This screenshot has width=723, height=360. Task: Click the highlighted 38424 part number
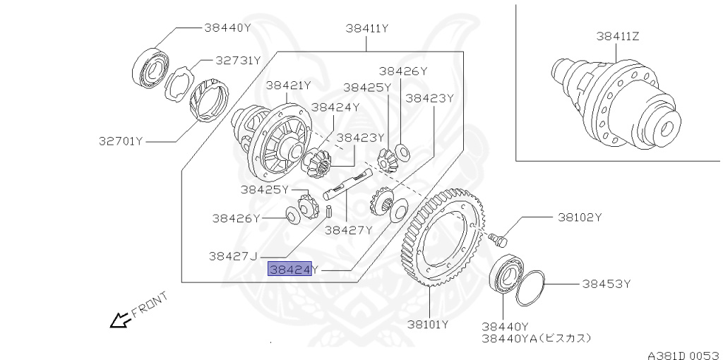289,269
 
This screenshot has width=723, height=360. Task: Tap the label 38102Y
579,217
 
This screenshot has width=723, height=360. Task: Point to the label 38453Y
606,284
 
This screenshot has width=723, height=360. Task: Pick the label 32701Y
121,141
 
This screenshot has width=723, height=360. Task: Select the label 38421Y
288,85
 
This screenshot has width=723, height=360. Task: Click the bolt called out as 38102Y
500,239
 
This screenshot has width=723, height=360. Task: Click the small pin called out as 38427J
329,210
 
